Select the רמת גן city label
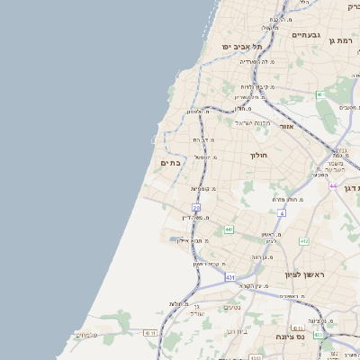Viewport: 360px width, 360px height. pos(344,40)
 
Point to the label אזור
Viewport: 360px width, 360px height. pos(287,127)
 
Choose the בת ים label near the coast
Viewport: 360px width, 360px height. pos(171,163)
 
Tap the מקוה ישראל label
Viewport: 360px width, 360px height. pos(251,122)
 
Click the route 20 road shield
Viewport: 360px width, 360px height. pos(195,208)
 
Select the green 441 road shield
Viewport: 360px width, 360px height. pos(229,230)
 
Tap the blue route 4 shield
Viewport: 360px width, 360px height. pos(281,213)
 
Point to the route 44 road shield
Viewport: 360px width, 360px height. pos(332,186)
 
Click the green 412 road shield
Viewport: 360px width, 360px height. pos(303,241)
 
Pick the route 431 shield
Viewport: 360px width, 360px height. pos(230,277)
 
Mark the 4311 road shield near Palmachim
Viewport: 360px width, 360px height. pos(150,331)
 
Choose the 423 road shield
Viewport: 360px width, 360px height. pos(319,94)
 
